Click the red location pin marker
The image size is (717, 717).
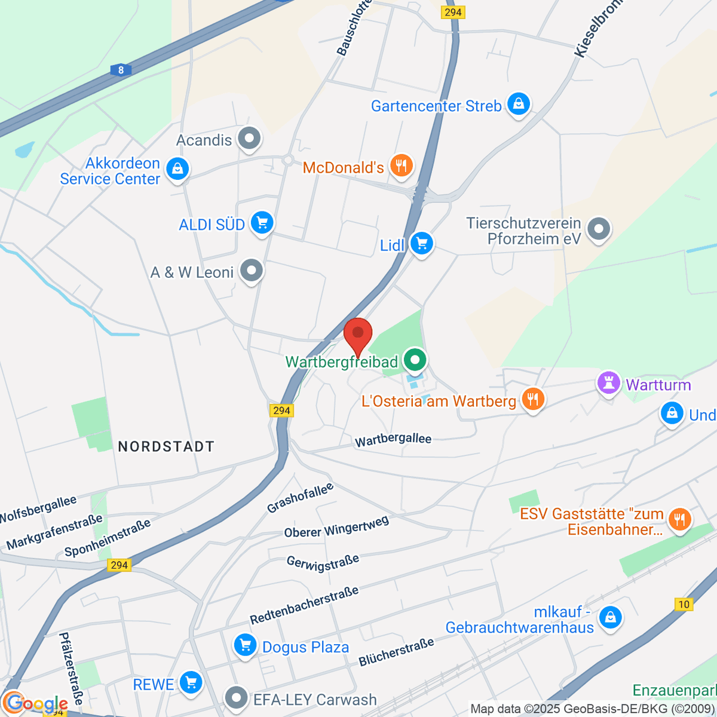click(358, 335)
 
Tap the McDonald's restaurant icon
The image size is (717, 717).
click(401, 166)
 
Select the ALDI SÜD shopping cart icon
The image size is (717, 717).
click(262, 223)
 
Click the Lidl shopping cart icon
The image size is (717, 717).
click(422, 243)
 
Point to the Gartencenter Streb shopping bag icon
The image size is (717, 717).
click(518, 105)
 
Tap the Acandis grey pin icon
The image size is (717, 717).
click(249, 139)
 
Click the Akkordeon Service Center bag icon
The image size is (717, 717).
click(177, 169)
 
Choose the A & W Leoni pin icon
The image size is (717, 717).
click(252, 271)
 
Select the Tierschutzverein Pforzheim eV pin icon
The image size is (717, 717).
click(598, 229)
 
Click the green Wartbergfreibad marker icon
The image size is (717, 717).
click(415, 360)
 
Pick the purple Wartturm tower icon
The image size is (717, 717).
click(608, 384)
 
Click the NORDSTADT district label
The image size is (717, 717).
click(166, 446)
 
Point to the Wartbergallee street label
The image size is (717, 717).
click(393, 440)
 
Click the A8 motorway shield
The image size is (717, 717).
click(121, 70)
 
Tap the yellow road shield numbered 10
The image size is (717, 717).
click(684, 604)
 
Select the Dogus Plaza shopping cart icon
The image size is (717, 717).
click(245, 645)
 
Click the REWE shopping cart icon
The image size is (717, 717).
click(191, 682)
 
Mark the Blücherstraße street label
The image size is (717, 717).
click(396, 652)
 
